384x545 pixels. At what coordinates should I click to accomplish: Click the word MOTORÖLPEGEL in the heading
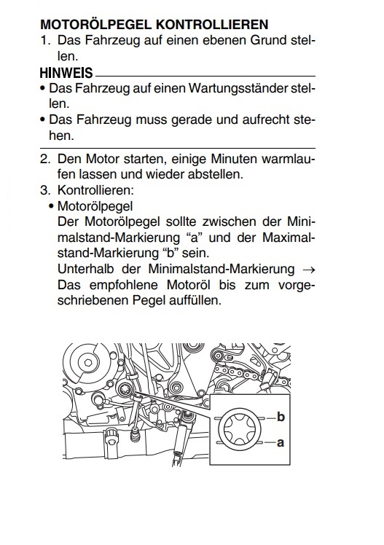click(x=95, y=24)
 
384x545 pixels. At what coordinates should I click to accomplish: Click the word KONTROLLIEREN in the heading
click(x=212, y=25)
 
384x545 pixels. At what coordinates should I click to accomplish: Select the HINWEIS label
click(x=66, y=73)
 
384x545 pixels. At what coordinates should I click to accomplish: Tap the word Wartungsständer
click(x=239, y=89)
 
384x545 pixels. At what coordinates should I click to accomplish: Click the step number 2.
click(x=45, y=159)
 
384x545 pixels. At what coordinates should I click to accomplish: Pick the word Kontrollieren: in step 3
click(x=95, y=190)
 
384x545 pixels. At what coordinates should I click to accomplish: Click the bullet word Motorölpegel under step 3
click(x=95, y=206)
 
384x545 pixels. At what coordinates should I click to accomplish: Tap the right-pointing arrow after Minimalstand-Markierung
click(x=308, y=270)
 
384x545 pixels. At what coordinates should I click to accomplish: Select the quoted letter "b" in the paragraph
click(x=171, y=253)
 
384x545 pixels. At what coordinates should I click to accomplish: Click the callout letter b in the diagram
click(x=281, y=416)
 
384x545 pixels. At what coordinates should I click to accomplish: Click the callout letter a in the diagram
click(x=281, y=443)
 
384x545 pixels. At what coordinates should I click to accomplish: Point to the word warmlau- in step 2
click(x=288, y=159)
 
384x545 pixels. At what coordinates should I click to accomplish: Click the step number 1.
click(x=45, y=40)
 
